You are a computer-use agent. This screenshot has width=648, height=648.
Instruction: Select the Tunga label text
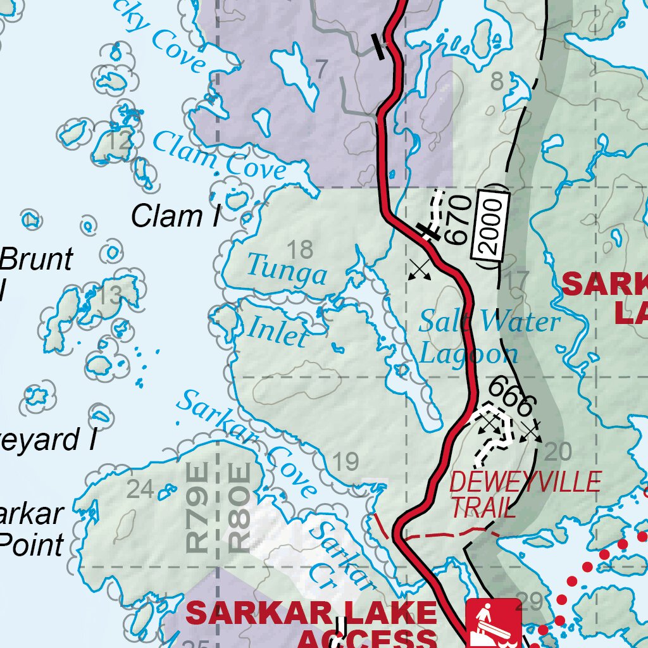(287, 270)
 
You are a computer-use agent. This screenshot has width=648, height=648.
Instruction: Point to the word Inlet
(277, 331)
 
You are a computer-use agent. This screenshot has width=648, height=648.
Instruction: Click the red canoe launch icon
(494, 623)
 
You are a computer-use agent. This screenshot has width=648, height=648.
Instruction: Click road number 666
(513, 396)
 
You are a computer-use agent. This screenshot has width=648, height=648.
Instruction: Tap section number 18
(301, 250)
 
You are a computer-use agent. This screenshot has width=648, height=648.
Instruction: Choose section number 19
(346, 463)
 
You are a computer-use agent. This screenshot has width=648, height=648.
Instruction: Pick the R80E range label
(239, 507)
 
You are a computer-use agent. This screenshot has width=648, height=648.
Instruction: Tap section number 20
(558, 451)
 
